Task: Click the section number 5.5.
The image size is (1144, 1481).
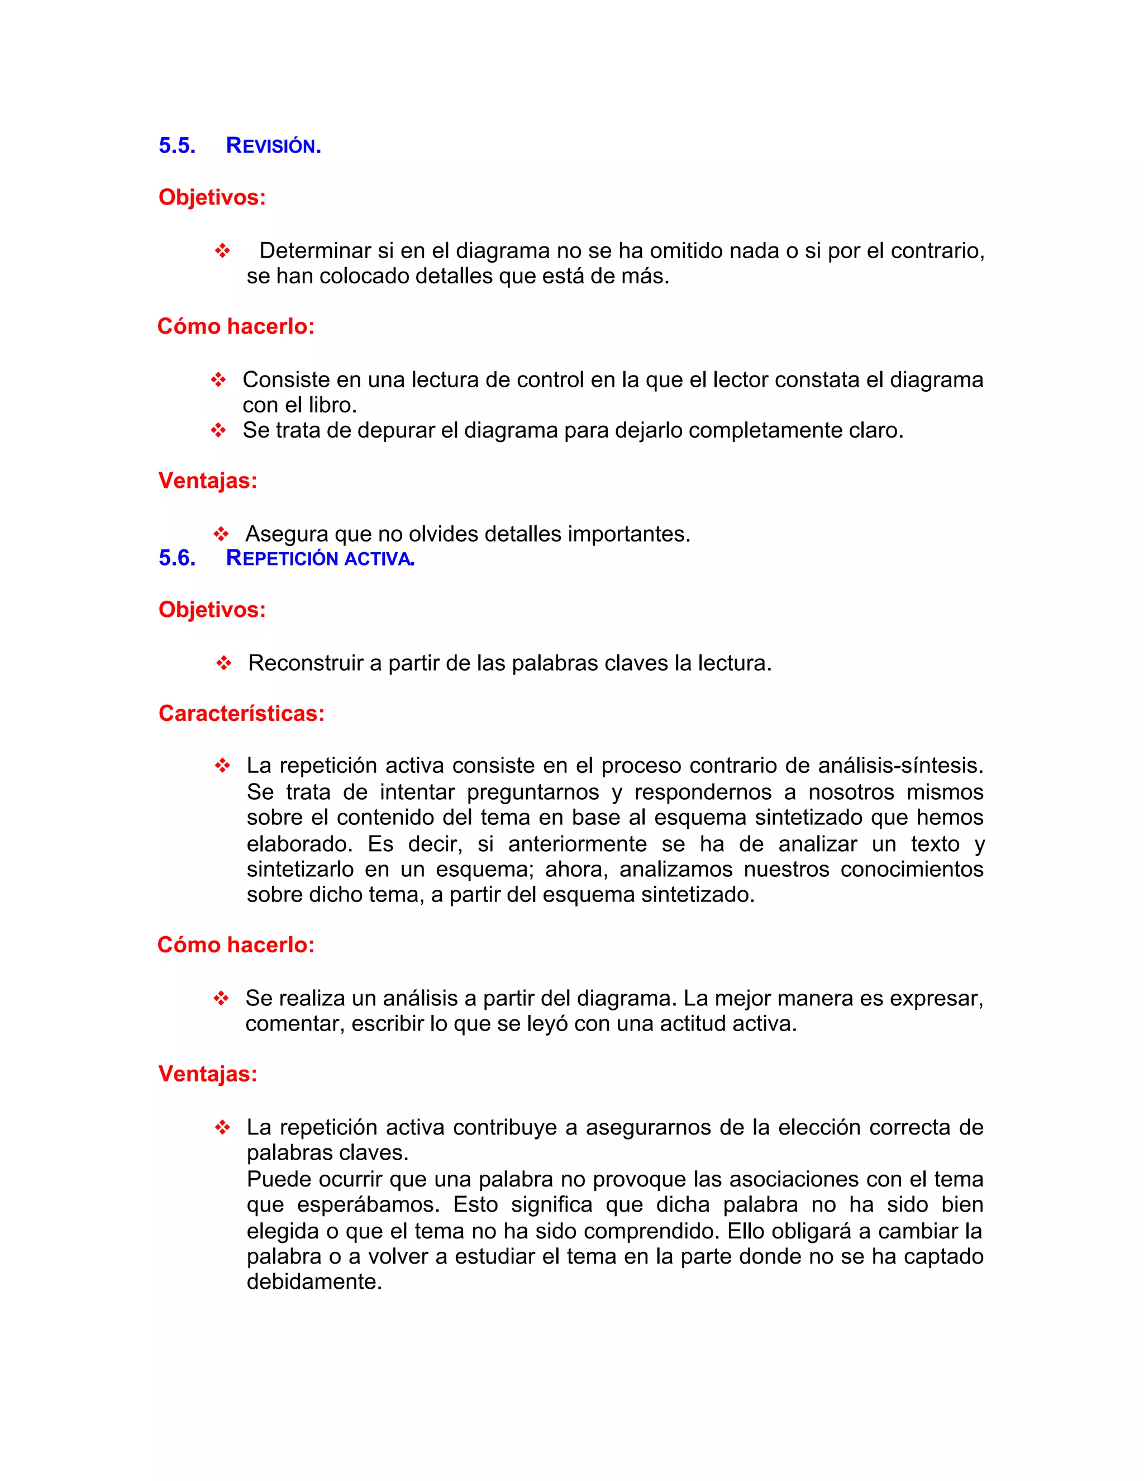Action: [x=177, y=146]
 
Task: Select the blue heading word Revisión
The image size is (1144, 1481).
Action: [x=273, y=146]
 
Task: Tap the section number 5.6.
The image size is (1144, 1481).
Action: [x=177, y=558]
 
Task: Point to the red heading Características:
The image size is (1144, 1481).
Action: [x=241, y=713]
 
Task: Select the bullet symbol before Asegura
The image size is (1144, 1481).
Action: [x=221, y=534]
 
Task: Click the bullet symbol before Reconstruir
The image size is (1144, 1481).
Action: [x=223, y=663]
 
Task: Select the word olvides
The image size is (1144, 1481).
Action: [x=447, y=534]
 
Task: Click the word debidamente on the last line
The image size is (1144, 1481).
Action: [x=314, y=1281]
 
